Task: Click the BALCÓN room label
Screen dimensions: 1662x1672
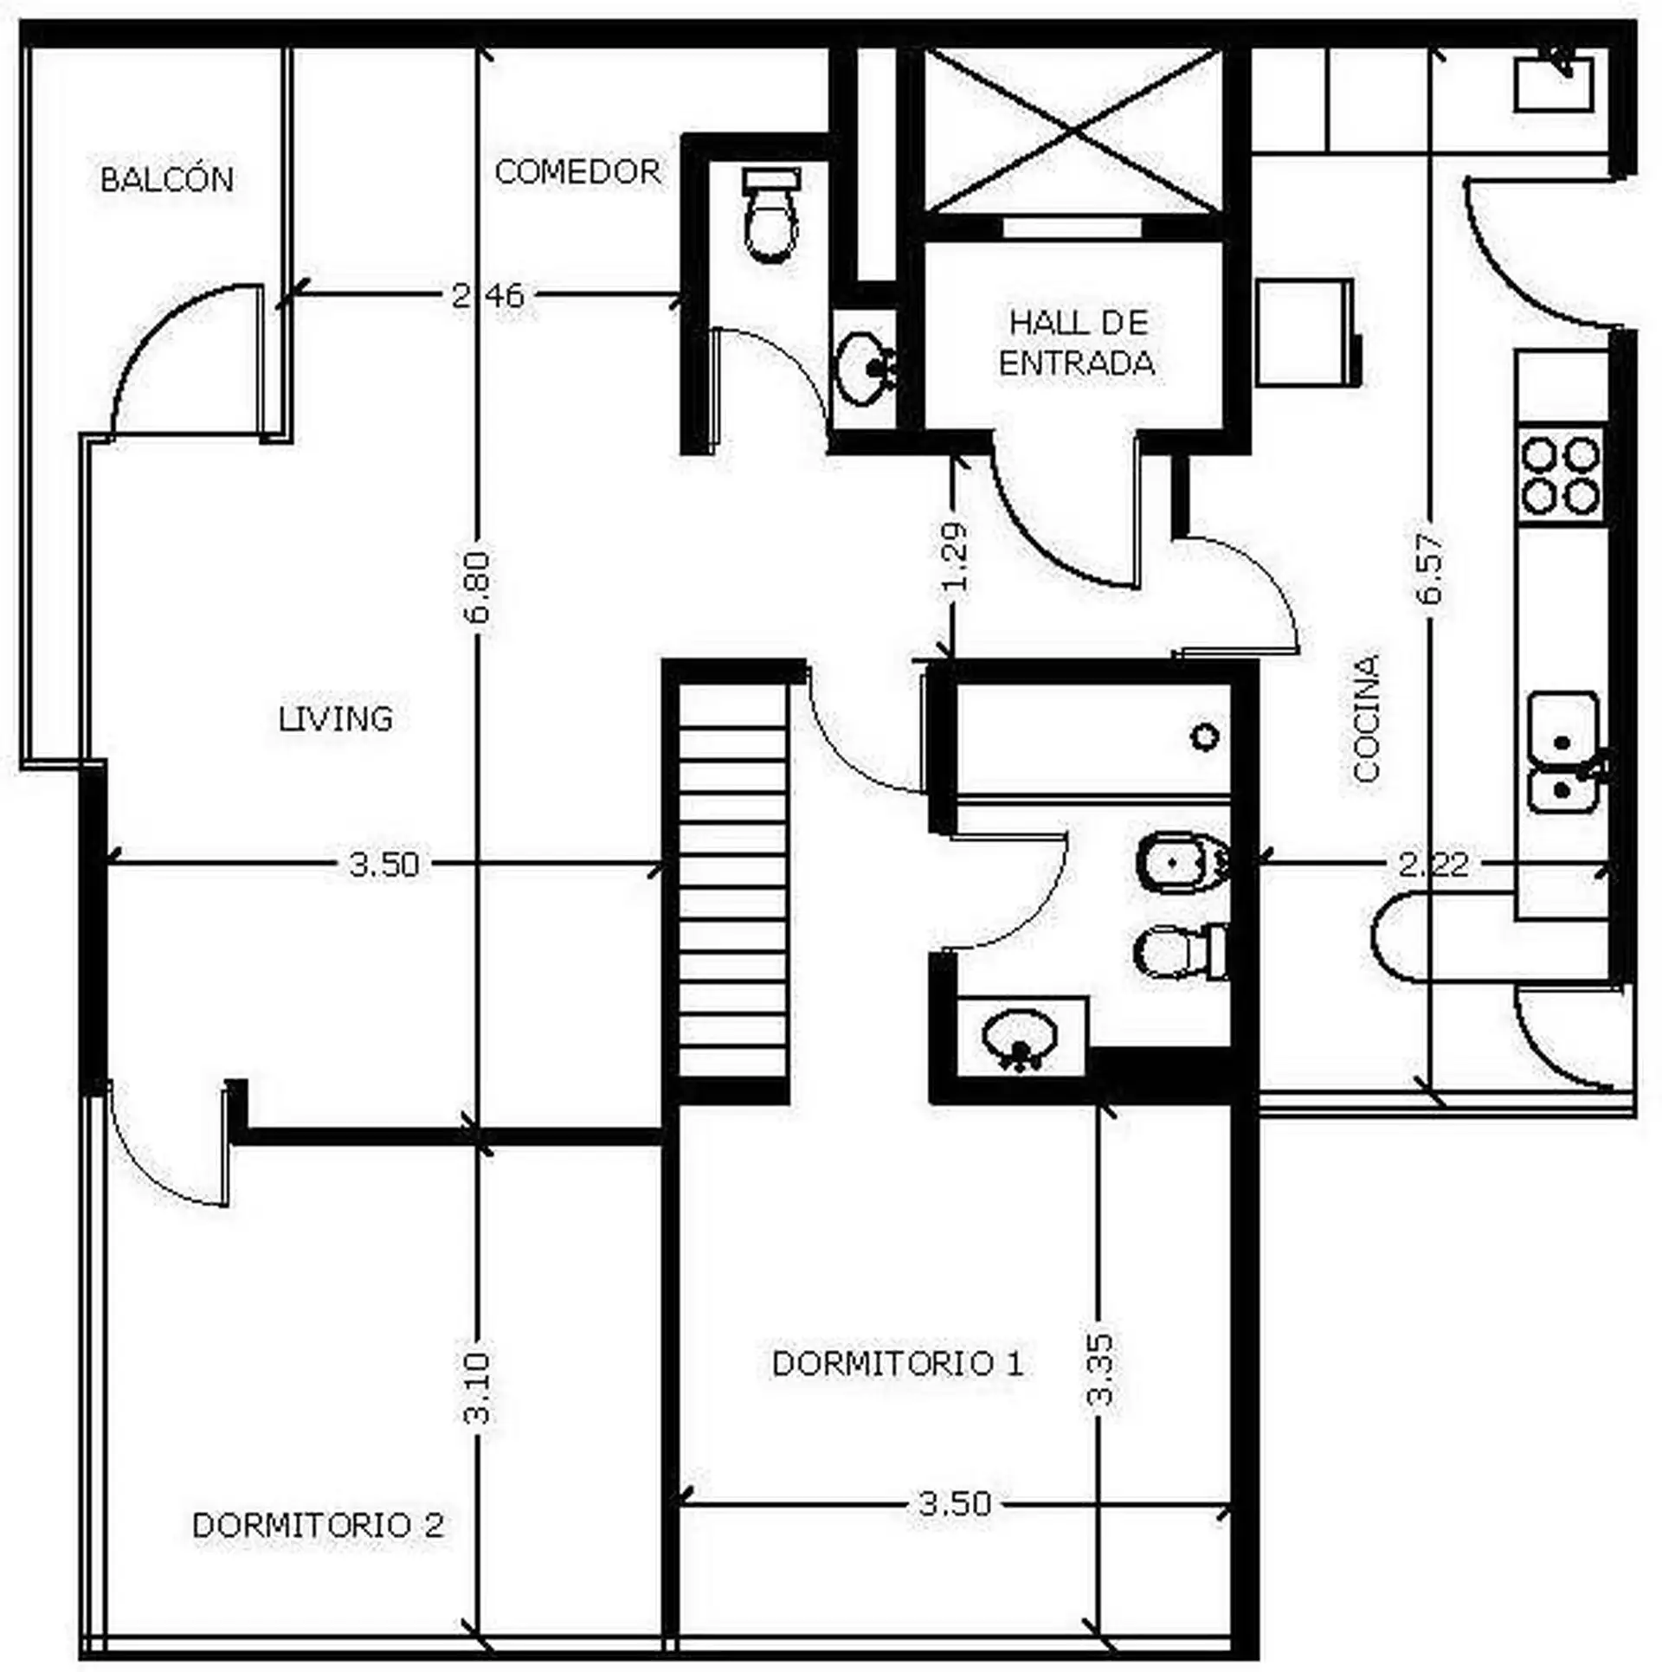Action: pyautogui.click(x=167, y=179)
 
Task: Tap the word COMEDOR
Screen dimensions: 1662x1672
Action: pyautogui.click(x=577, y=171)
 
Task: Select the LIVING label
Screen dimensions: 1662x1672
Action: pyautogui.click(x=336, y=718)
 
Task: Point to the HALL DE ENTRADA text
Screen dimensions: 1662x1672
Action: pyautogui.click(x=1078, y=343)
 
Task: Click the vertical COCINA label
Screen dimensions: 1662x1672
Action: pyautogui.click(x=1366, y=718)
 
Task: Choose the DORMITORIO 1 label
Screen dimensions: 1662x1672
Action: pyautogui.click(x=898, y=1363)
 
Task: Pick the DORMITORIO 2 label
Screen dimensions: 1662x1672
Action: pyautogui.click(x=318, y=1525)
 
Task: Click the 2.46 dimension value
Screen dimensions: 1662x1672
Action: pyautogui.click(x=488, y=296)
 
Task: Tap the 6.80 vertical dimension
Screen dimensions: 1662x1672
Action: pyautogui.click(x=477, y=587)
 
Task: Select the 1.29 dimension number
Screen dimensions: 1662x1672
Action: pyautogui.click(x=954, y=556)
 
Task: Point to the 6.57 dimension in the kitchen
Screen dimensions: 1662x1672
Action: pyautogui.click(x=1430, y=567)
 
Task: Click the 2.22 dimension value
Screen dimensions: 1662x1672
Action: pyautogui.click(x=1434, y=864)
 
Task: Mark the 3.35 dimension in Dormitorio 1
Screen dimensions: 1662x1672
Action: pyautogui.click(x=1101, y=1382)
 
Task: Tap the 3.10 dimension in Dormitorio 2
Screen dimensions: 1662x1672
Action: pyautogui.click(x=477, y=1399)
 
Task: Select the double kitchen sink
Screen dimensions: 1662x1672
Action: pyautogui.click(x=1563, y=751)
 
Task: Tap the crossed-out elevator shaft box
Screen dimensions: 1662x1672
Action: pyautogui.click(x=1073, y=130)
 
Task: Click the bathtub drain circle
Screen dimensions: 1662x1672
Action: pyautogui.click(x=1205, y=736)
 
